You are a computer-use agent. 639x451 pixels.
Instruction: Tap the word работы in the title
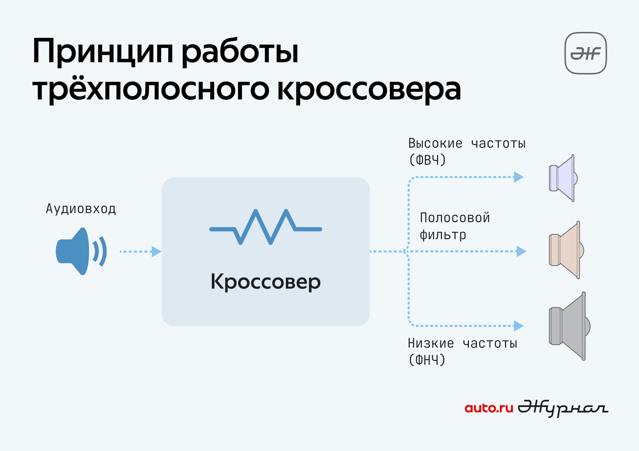tap(240, 51)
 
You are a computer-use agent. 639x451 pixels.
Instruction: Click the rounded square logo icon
tap(586, 53)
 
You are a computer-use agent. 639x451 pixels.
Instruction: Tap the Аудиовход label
tap(81, 208)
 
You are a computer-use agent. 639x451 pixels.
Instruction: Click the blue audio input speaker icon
tap(81, 251)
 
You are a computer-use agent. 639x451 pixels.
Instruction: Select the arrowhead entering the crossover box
tap(157, 251)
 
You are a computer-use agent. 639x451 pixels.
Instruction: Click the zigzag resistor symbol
tap(266, 227)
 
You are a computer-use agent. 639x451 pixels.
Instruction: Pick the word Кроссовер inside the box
tap(266, 282)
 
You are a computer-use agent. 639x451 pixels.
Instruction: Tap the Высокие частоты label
tap(467, 143)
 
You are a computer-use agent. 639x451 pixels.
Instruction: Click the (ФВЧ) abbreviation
tap(427, 160)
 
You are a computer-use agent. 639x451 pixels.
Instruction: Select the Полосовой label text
tap(455, 218)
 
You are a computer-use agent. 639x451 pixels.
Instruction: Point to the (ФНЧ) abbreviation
tap(427, 360)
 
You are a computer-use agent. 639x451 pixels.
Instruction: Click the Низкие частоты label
tap(463, 343)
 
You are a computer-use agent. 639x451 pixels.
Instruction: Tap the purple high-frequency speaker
tap(563, 178)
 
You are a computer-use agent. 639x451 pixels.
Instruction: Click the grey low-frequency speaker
tap(569, 326)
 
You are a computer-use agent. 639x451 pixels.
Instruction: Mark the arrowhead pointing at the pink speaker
tap(521, 251)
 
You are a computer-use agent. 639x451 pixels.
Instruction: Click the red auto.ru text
tap(489, 408)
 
